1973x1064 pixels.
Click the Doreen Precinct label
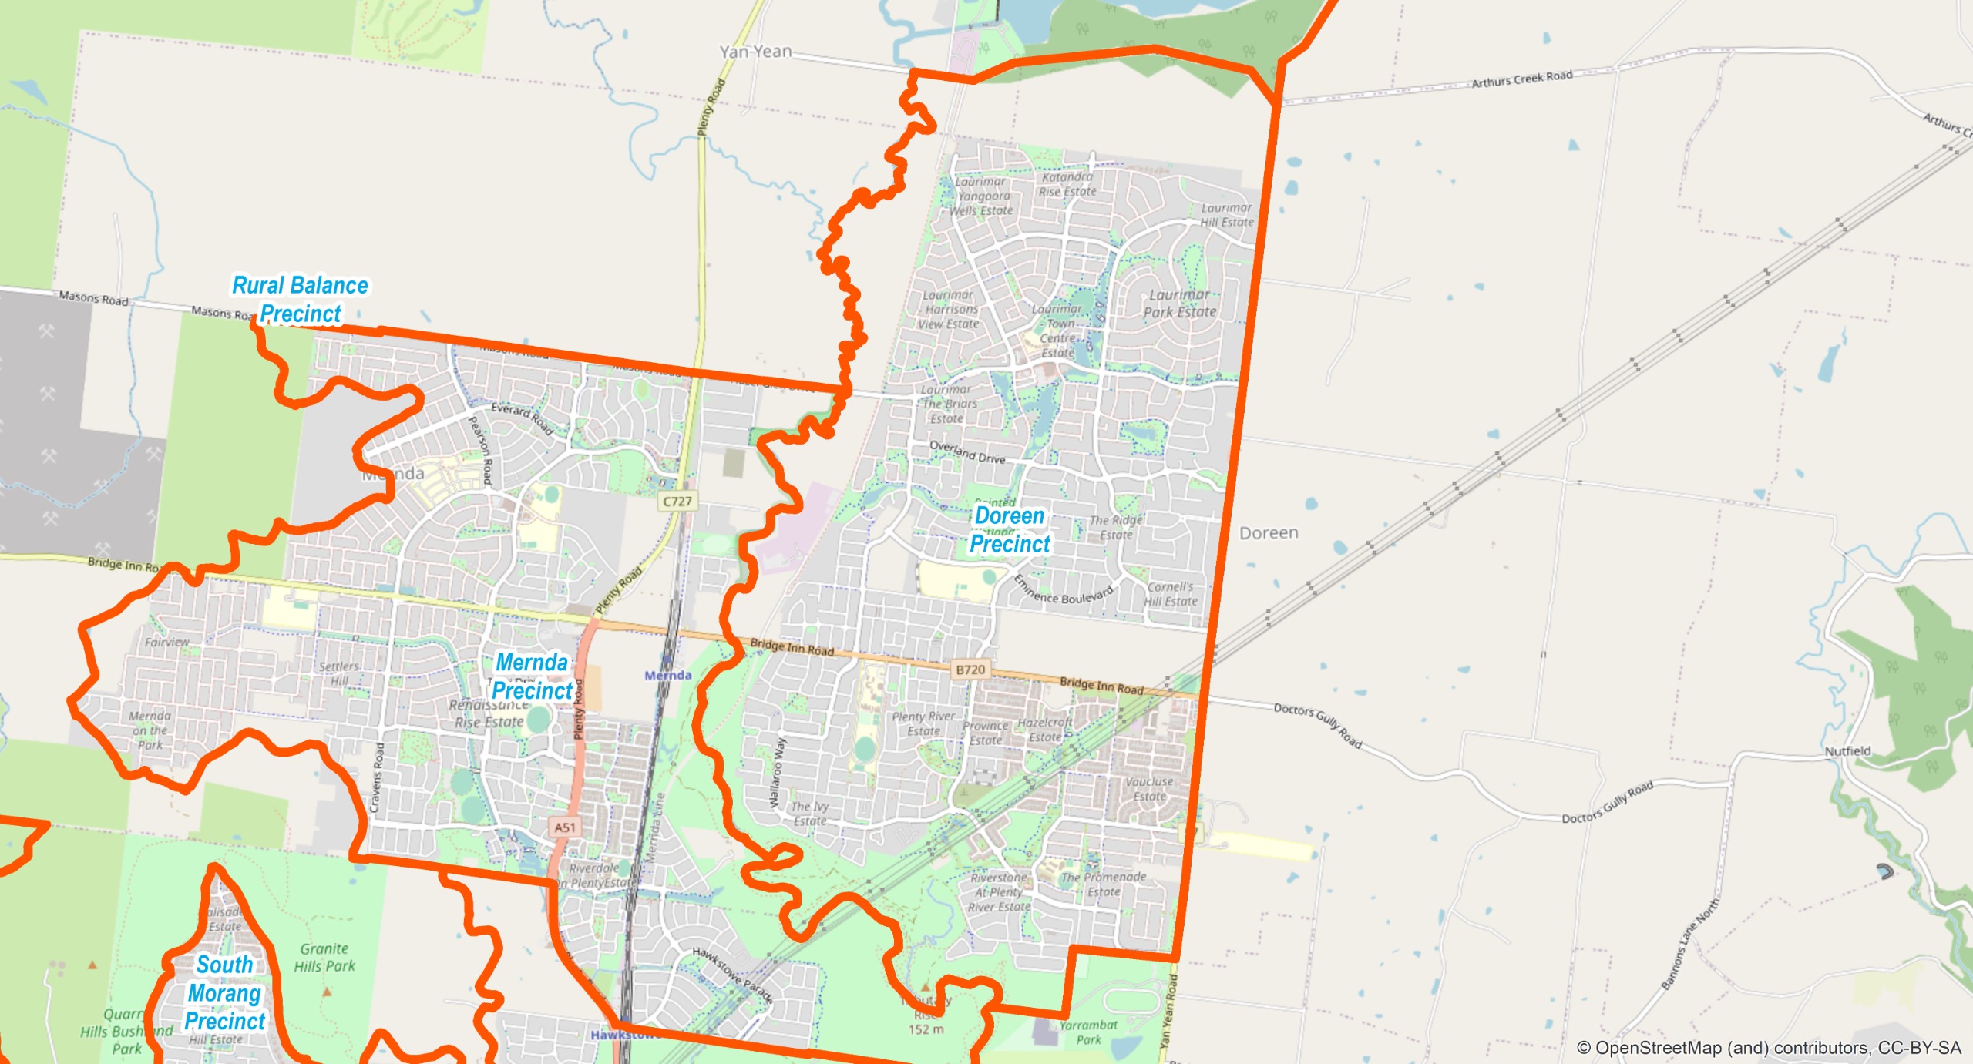tap(1010, 530)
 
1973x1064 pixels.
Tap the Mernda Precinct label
tap(532, 676)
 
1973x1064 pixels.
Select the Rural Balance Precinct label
tap(300, 300)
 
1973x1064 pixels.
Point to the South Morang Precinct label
tap(224, 992)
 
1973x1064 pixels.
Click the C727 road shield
tap(677, 502)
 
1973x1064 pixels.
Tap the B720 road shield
tap(970, 670)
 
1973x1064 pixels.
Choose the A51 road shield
tap(565, 827)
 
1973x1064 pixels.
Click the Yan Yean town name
tap(755, 52)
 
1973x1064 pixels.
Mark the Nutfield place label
tap(1847, 751)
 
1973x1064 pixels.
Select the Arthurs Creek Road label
tap(1521, 79)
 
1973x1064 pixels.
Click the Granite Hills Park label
tap(324, 958)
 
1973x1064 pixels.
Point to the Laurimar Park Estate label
tap(1179, 304)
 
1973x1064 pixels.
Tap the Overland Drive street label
tap(967, 452)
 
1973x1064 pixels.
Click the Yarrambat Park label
tap(1088, 1032)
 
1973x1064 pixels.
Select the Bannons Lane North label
tap(1689, 944)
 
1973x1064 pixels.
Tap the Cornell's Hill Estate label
tap(1171, 594)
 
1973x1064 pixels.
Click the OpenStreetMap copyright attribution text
tap(1768, 1048)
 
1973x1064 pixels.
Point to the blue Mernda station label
tap(668, 676)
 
